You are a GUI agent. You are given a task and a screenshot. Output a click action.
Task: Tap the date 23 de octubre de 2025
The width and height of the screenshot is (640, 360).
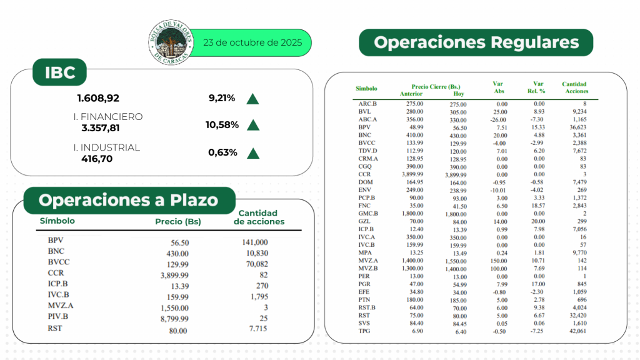click(252, 43)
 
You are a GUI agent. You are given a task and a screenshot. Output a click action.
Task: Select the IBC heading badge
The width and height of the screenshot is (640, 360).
click(60, 72)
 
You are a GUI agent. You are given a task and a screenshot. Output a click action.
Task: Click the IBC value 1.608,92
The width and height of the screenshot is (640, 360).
click(98, 98)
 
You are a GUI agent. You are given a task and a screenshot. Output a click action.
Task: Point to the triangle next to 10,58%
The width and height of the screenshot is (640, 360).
click(253, 125)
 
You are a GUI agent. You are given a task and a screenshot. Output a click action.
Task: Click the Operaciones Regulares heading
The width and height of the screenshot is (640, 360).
click(476, 42)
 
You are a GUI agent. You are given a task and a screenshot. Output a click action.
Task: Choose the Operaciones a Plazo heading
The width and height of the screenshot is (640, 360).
click(129, 200)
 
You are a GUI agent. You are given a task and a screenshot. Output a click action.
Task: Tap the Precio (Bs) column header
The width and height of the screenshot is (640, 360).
click(177, 221)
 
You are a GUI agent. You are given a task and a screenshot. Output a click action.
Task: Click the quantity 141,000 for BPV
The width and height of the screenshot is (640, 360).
click(254, 242)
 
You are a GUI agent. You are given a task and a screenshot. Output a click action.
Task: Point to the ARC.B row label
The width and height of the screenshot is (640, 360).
click(367, 104)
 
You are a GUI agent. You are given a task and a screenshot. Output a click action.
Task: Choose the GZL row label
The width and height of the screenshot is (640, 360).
click(365, 221)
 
